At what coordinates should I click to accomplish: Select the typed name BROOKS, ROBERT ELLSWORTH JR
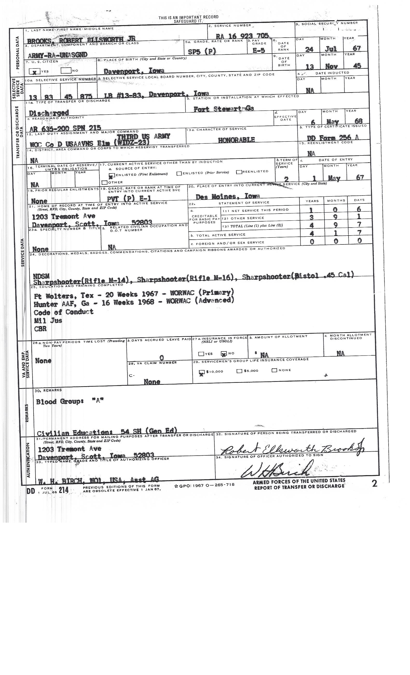click(81, 40)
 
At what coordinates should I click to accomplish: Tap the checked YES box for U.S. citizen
click(34, 72)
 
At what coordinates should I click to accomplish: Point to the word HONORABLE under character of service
click(236, 140)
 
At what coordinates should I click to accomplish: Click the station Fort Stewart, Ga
click(223, 109)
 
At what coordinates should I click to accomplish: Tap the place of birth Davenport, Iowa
click(134, 71)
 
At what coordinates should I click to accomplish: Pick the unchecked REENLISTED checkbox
click(239, 172)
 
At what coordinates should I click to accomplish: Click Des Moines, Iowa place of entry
click(228, 196)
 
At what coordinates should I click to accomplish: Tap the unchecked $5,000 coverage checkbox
click(239, 371)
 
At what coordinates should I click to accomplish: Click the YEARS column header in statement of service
click(312, 201)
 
